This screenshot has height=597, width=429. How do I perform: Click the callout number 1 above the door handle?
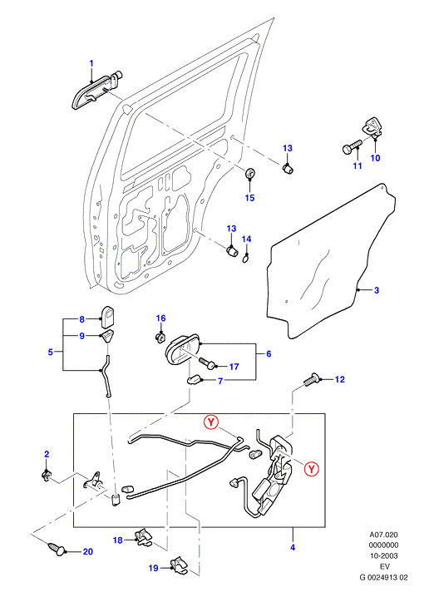click(x=91, y=63)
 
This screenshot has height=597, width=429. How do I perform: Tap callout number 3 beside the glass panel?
click(x=377, y=290)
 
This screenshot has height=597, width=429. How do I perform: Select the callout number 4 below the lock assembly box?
click(x=293, y=547)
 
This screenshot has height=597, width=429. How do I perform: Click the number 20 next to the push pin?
click(x=88, y=551)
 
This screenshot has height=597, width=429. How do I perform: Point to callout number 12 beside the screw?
click(x=339, y=379)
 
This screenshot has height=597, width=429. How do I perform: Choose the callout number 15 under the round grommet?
click(x=249, y=198)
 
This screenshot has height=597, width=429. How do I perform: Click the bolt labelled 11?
click(x=352, y=148)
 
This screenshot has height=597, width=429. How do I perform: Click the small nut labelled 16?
click(x=160, y=338)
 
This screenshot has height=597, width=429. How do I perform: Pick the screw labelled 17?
click(x=206, y=363)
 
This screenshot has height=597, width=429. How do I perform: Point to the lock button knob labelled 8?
click(x=109, y=317)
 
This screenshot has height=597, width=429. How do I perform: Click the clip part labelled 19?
click(x=178, y=565)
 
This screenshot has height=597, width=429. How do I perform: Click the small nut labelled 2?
click(x=46, y=475)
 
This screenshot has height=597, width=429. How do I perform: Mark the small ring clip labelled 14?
click(x=246, y=259)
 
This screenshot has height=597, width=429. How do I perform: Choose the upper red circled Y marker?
click(x=211, y=422)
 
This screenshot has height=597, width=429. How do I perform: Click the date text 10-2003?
click(x=384, y=556)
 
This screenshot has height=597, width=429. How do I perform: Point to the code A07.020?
click(x=384, y=535)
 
